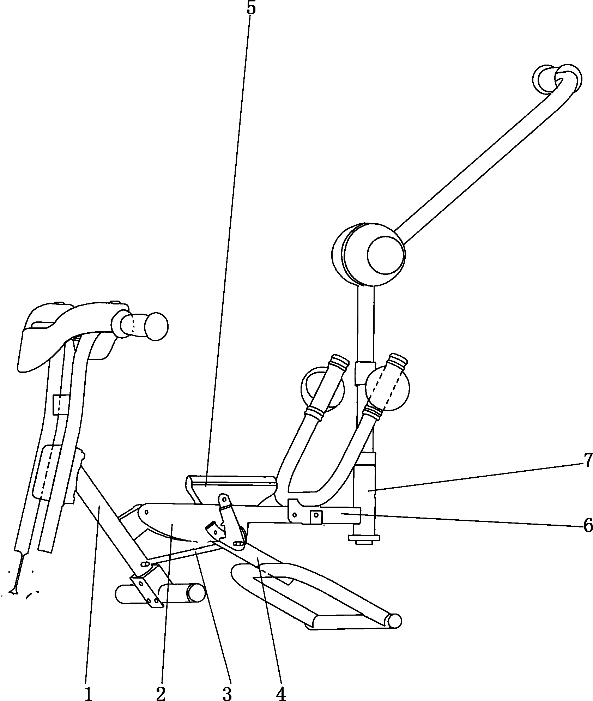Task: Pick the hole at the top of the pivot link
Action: coord(223,498)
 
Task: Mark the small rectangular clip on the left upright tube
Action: coord(60,404)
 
